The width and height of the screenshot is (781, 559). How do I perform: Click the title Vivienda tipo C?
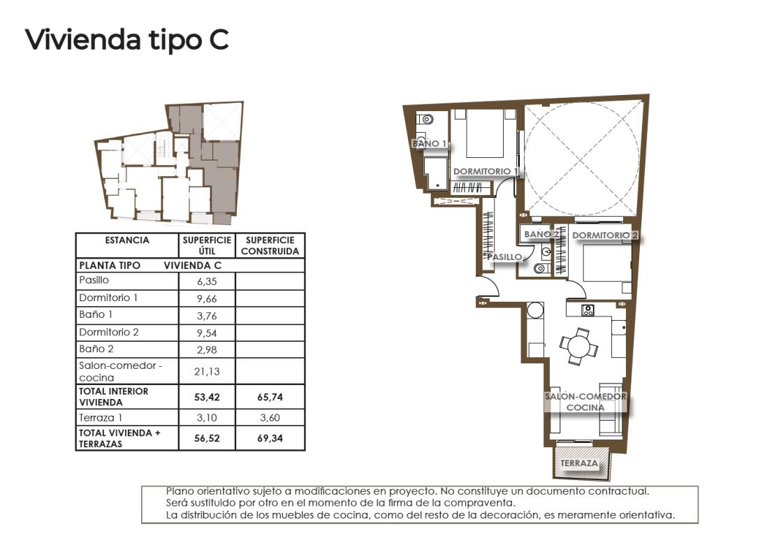pos(126,40)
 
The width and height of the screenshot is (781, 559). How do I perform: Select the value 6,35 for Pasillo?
pos(207,282)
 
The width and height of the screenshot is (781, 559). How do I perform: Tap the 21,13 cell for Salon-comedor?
pos(207,371)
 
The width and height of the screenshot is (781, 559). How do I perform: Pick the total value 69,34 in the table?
pos(270,439)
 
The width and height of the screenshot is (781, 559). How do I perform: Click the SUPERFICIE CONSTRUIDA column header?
pos(270,245)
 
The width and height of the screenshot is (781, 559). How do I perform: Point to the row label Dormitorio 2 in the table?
pos(109,332)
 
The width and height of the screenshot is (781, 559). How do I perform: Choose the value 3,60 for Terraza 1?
pos(270,418)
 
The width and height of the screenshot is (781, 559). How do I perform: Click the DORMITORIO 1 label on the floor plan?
pos(486,171)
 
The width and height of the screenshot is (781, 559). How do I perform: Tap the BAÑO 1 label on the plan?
pos(429,143)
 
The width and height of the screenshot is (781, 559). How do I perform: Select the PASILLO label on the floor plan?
pos(505,256)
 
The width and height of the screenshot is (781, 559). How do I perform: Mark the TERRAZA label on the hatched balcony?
pos(579,463)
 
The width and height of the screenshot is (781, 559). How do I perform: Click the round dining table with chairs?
pos(578,346)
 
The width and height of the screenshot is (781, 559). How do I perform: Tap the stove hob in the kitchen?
pos(588,310)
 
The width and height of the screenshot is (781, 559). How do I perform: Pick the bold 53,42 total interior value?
pos(207,397)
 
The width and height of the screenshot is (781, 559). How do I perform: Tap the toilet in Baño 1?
pos(424,120)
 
